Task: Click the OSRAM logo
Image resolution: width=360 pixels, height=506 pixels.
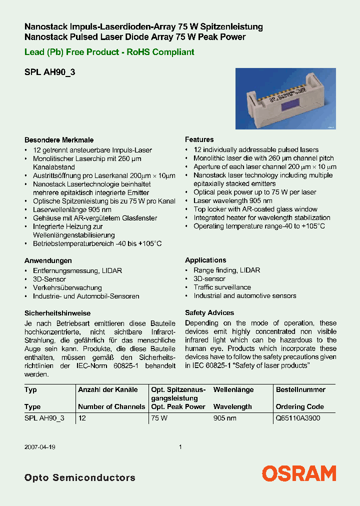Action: pyautogui.click(x=299, y=473)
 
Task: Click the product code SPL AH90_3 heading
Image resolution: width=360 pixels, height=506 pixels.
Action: pyautogui.click(x=50, y=72)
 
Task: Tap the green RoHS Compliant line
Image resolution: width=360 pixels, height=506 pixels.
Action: pyautogui.click(x=109, y=52)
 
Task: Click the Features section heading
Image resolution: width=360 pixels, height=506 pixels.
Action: pyautogui.click(x=199, y=139)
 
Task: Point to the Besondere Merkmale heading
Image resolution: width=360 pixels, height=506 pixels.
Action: pyautogui.click(x=59, y=140)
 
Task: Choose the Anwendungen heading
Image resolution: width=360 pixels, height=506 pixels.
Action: pyautogui.click(x=48, y=260)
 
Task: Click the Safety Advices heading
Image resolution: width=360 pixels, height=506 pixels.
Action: pyautogui.click(x=209, y=312)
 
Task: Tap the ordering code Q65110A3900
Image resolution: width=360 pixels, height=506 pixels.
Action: pyautogui.click(x=297, y=418)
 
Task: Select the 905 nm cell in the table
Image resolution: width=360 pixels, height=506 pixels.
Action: pyautogui.click(x=224, y=418)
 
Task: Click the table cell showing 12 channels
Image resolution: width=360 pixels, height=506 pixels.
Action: pyautogui.click(x=82, y=418)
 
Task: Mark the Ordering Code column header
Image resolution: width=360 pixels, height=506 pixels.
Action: pyautogui.click(x=300, y=406)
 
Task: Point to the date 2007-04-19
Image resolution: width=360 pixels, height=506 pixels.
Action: pyautogui.click(x=39, y=447)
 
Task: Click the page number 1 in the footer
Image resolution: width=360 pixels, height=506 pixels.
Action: pyautogui.click(x=180, y=447)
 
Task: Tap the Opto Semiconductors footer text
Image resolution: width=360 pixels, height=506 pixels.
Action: pyautogui.click(x=80, y=477)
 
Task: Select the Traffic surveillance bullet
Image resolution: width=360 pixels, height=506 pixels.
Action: pyautogui.click(x=222, y=287)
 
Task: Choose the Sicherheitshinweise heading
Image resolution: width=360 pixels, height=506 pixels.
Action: pyautogui.click(x=57, y=313)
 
